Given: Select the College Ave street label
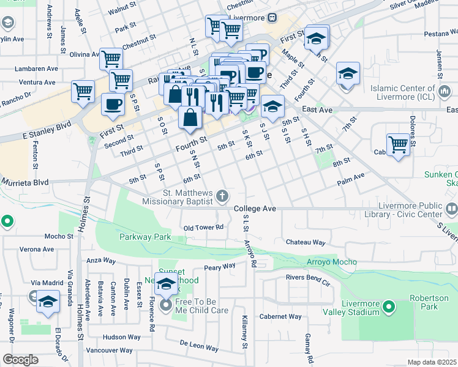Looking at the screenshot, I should point(255,209).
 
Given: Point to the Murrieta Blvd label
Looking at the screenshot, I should point(24,182).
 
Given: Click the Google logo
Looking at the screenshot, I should point(20,360).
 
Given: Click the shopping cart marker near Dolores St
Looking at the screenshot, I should point(398,145).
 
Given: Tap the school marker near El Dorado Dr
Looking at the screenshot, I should point(48,302).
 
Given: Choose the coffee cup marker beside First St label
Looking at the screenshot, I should point(112,104).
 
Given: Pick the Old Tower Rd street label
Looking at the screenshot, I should point(203,228).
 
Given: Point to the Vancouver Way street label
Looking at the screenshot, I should point(109,350).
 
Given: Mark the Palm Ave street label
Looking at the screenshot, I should point(351,182).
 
